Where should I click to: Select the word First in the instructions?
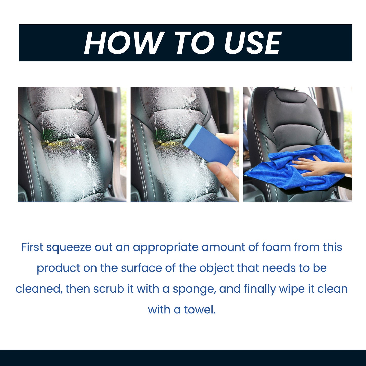click(32, 247)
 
